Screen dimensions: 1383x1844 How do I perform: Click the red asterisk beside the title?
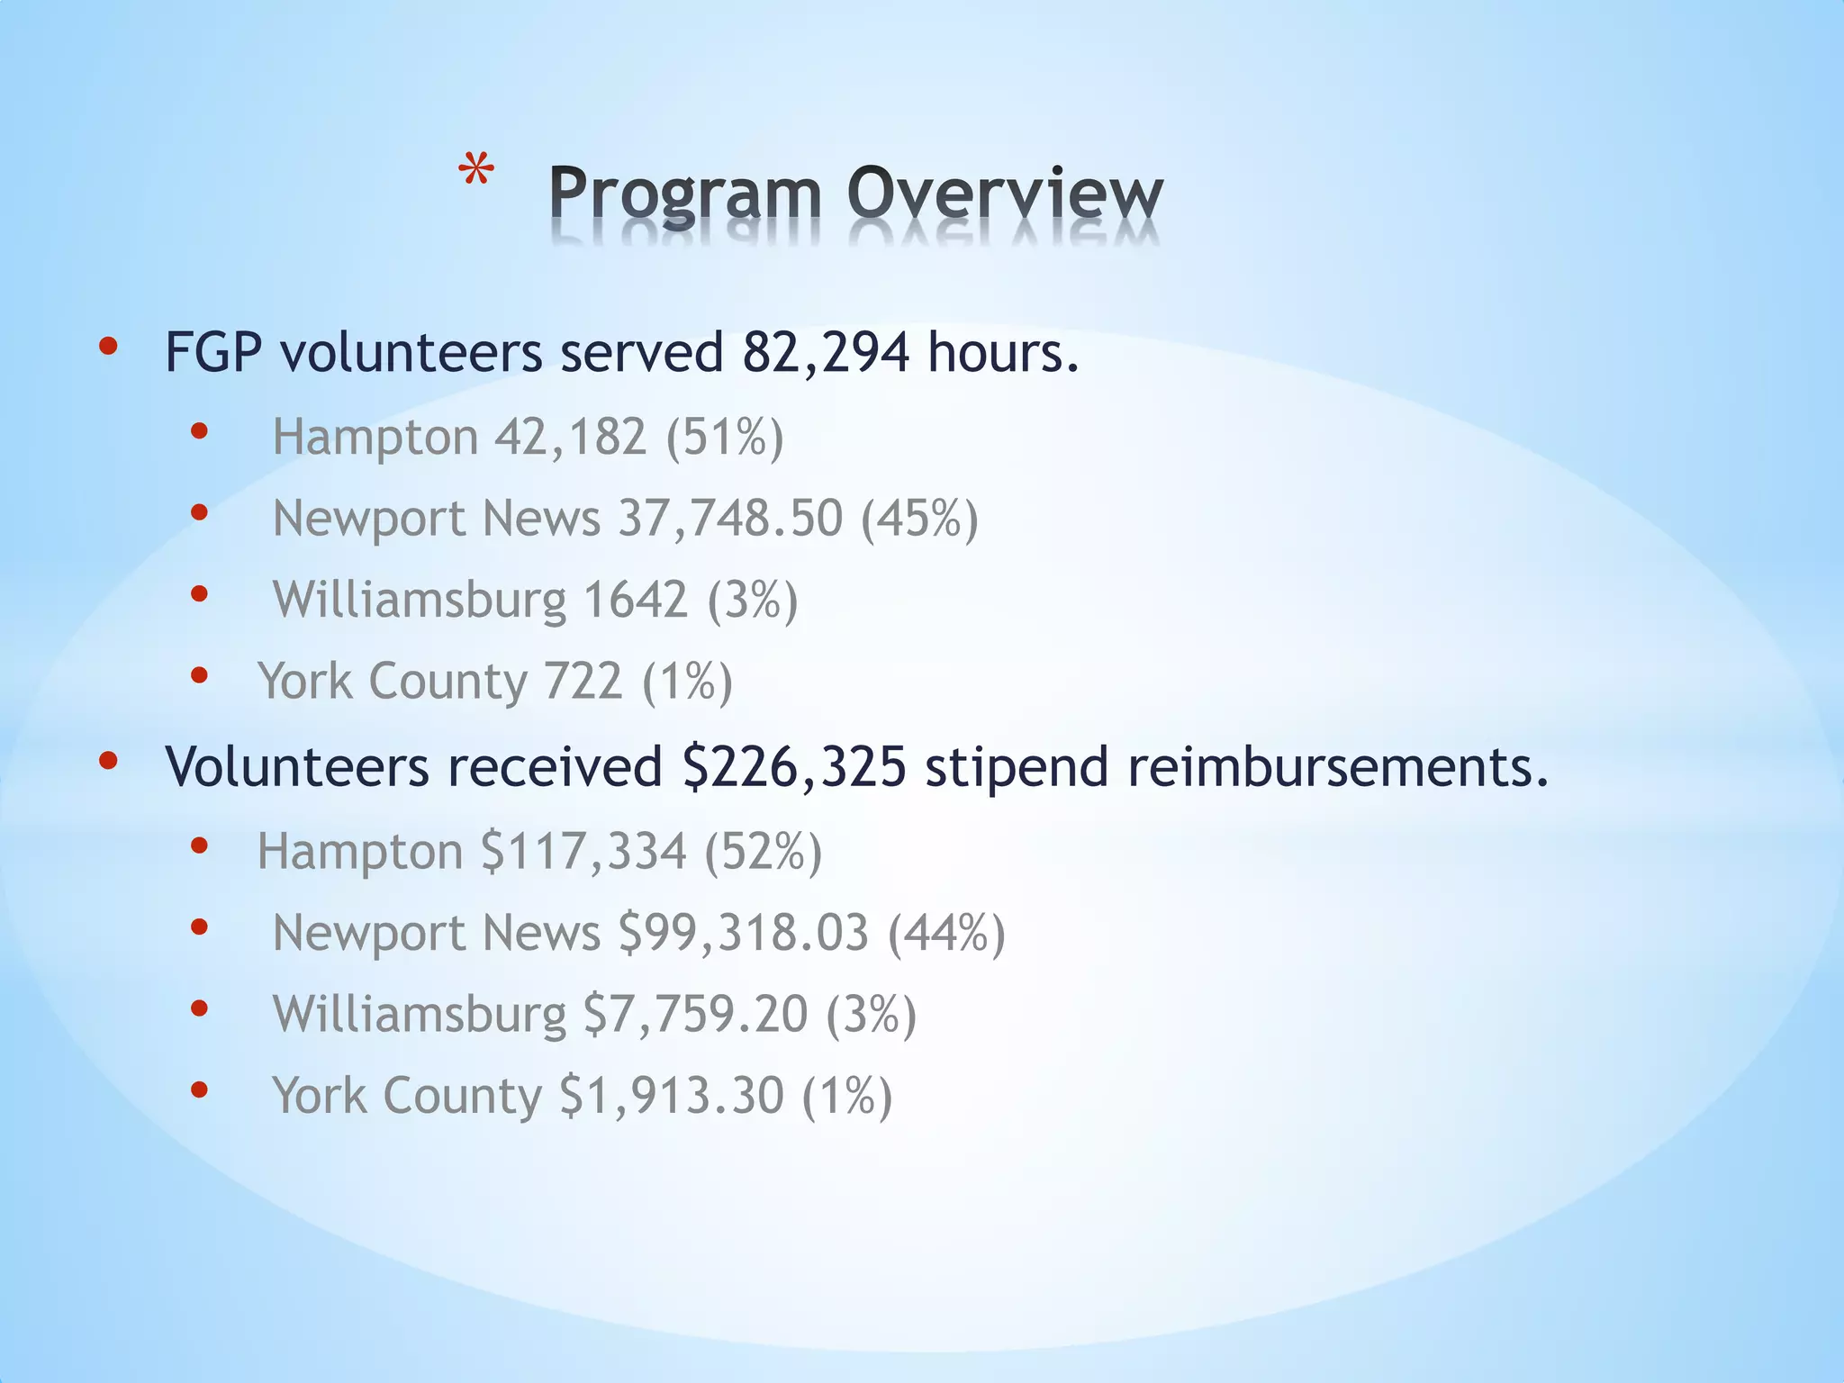[475, 170]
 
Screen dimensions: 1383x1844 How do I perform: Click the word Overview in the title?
[1005, 194]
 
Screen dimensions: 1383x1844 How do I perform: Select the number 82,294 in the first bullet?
[826, 353]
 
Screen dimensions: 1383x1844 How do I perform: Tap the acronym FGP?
[213, 353]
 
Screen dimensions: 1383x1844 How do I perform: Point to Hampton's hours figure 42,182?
[571, 438]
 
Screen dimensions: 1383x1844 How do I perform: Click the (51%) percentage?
[725, 438]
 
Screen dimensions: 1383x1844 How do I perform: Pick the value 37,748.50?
[730, 520]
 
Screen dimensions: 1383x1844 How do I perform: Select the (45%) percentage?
[919, 520]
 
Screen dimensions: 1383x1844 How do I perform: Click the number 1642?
[636, 601]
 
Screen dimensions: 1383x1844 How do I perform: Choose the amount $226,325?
[794, 768]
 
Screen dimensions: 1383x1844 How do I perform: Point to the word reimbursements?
[1337, 768]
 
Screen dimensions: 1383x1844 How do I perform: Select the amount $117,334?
[583, 852]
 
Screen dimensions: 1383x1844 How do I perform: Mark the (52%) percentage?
[763, 852]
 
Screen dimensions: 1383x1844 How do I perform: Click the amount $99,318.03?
[744, 934]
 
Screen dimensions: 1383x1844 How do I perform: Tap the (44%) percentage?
[946, 934]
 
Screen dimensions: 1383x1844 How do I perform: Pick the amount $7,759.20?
[695, 1015]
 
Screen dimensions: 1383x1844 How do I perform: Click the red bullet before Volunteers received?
[108, 762]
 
